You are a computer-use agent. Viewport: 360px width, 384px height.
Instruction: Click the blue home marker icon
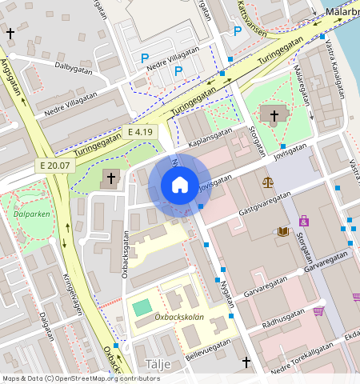180,185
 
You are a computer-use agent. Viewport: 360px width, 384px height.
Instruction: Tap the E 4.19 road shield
139,132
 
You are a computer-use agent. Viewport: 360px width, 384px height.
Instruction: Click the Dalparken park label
30,214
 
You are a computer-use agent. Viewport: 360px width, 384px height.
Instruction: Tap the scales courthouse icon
266,182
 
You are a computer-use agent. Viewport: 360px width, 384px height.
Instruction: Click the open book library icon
283,231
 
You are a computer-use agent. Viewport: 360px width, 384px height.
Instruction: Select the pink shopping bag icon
303,220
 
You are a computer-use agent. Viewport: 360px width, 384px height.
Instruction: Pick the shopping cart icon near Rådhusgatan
318,310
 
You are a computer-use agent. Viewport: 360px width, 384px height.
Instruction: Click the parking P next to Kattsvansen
237,31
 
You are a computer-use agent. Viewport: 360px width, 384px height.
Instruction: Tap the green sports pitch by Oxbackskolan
142,306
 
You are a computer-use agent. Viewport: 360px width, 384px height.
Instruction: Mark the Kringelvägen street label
71,296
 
